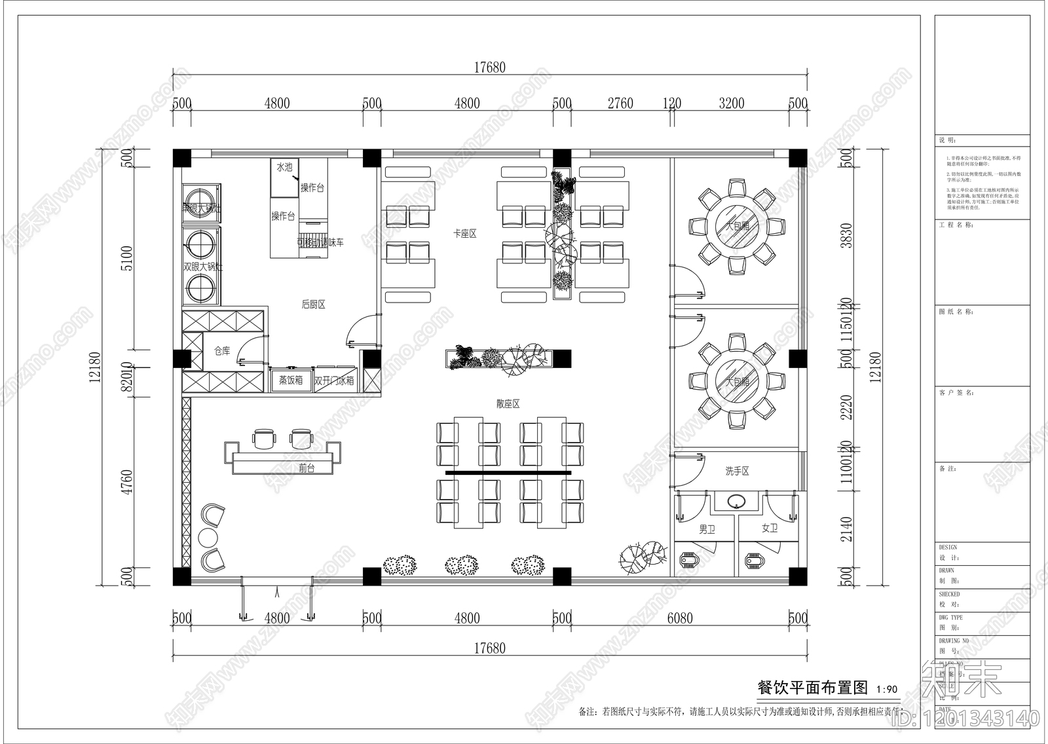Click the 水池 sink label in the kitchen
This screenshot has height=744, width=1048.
(284, 168)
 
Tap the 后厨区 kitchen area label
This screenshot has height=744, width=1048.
(313, 304)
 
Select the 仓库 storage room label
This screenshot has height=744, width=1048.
(222, 352)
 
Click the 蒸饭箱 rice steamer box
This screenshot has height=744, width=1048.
(290, 380)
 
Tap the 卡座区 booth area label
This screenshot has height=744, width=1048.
(465, 233)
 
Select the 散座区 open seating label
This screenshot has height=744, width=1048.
(508, 404)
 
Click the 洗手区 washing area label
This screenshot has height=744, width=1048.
(737, 471)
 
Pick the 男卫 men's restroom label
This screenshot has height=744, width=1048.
(707, 529)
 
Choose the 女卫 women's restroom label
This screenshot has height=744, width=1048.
(769, 528)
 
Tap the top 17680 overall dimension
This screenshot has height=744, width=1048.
(489, 67)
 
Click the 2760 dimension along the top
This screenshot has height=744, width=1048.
(620, 103)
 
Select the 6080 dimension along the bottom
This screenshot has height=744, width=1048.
(679, 618)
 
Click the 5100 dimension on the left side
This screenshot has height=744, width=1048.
(127, 258)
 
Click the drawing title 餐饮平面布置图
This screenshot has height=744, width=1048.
(812, 687)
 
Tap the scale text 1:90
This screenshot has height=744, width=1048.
(886, 689)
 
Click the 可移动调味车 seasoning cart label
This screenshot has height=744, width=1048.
(320, 242)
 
